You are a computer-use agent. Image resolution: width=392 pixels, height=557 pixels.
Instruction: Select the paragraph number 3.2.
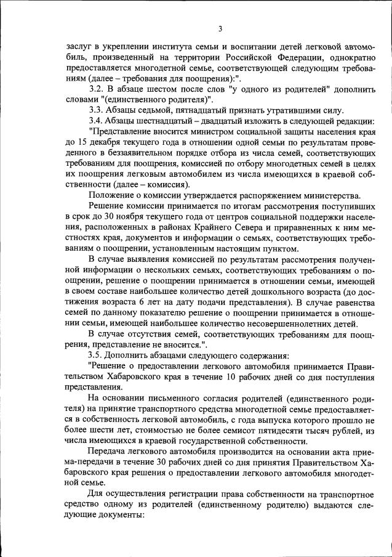point(97,90)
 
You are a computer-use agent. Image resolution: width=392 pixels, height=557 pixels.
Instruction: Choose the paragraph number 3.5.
point(97,355)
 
